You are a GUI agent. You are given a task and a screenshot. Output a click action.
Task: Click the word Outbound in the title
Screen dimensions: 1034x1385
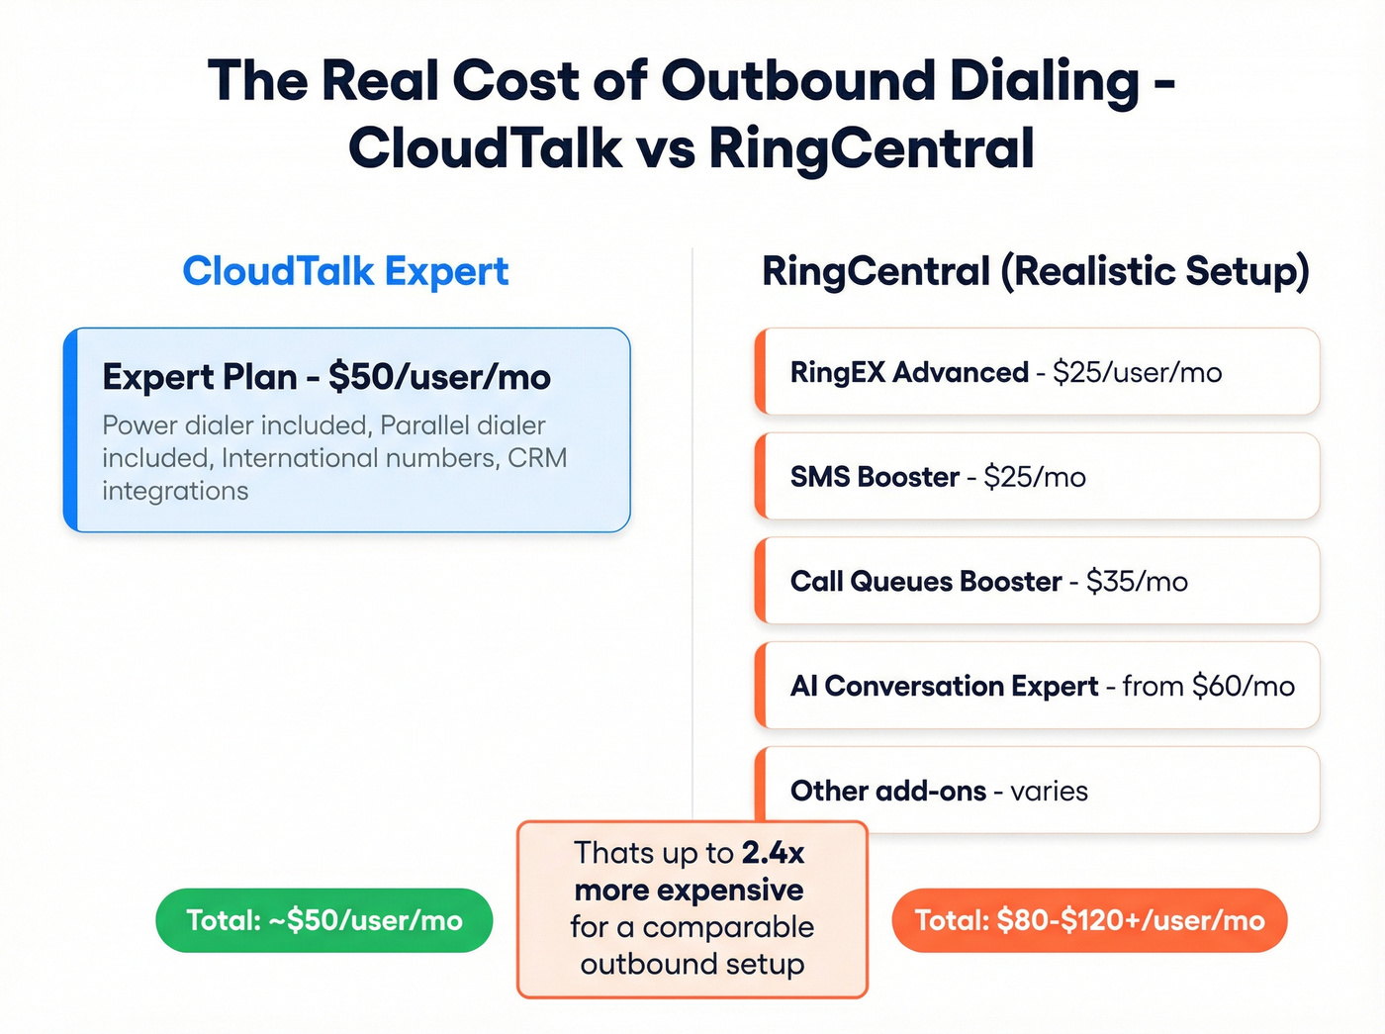(797, 81)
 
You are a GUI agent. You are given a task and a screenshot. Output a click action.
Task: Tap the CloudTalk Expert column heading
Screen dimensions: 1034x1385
(345, 271)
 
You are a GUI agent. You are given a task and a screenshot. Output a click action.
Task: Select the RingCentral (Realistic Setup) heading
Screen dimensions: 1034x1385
(1035, 271)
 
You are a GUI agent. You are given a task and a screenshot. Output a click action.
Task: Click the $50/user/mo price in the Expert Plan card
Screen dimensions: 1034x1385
(439, 377)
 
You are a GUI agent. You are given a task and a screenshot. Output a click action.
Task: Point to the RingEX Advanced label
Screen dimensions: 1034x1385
(909, 372)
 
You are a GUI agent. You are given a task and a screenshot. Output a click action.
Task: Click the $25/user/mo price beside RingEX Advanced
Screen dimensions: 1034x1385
(1137, 372)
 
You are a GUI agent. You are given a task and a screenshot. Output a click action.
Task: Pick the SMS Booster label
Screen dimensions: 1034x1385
(875, 477)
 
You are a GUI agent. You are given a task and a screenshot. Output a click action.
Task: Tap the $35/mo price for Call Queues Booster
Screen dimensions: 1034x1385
(1137, 582)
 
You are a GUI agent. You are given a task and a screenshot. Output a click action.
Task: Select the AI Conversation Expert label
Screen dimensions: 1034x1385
(944, 686)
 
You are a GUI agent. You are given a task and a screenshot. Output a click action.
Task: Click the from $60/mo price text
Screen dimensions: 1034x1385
(1208, 686)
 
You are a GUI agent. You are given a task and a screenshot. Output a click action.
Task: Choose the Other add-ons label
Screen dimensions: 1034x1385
(887, 791)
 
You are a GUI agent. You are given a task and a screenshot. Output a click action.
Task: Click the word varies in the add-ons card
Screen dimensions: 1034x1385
(1049, 791)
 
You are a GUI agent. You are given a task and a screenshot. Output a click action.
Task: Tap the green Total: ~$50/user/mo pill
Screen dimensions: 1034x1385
(324, 920)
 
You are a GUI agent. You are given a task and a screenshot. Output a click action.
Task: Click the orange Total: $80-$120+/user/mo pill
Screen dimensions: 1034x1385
(1089, 920)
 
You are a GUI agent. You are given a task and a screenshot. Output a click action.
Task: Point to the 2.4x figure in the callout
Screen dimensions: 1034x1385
(773, 853)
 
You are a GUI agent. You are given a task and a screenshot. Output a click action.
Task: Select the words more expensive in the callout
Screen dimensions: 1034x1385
(690, 890)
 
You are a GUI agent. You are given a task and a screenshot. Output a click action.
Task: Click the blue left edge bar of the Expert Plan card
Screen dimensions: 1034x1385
(70, 430)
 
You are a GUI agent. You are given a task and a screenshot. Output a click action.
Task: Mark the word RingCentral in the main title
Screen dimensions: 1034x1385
(872, 148)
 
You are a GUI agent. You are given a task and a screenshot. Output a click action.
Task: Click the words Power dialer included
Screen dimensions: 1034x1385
(234, 425)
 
